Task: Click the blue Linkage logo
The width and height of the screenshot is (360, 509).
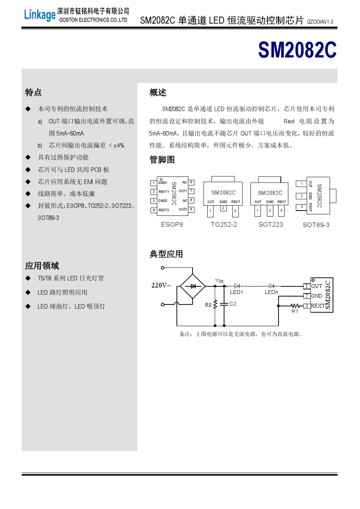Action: click(x=39, y=15)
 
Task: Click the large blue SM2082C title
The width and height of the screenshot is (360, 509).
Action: click(x=297, y=50)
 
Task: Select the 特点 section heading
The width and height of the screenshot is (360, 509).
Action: click(x=33, y=92)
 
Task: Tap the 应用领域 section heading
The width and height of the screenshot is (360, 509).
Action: click(x=42, y=266)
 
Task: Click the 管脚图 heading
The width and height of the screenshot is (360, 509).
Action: click(x=162, y=160)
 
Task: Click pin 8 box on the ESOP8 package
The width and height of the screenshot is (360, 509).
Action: click(x=191, y=183)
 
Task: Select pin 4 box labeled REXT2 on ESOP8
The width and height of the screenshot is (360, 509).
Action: click(x=153, y=210)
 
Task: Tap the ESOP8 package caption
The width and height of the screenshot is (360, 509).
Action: click(x=172, y=225)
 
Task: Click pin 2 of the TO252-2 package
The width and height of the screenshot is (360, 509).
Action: click(x=224, y=208)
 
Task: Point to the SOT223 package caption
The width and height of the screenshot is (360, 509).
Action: click(x=271, y=225)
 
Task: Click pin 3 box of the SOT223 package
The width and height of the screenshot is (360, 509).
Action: click(x=281, y=211)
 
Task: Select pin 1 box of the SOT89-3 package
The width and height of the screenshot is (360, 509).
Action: click(x=302, y=184)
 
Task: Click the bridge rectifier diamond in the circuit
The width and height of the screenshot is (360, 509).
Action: click(x=193, y=286)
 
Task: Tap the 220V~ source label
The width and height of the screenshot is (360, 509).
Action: click(x=161, y=286)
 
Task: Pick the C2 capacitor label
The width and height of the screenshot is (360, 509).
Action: click(x=233, y=304)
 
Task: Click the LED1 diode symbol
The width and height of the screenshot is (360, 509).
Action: click(x=237, y=286)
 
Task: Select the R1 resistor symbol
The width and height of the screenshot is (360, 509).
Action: click(x=295, y=306)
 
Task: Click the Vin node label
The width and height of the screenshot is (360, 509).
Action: click(x=219, y=281)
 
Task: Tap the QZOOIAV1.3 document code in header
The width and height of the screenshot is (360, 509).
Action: click(x=320, y=22)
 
